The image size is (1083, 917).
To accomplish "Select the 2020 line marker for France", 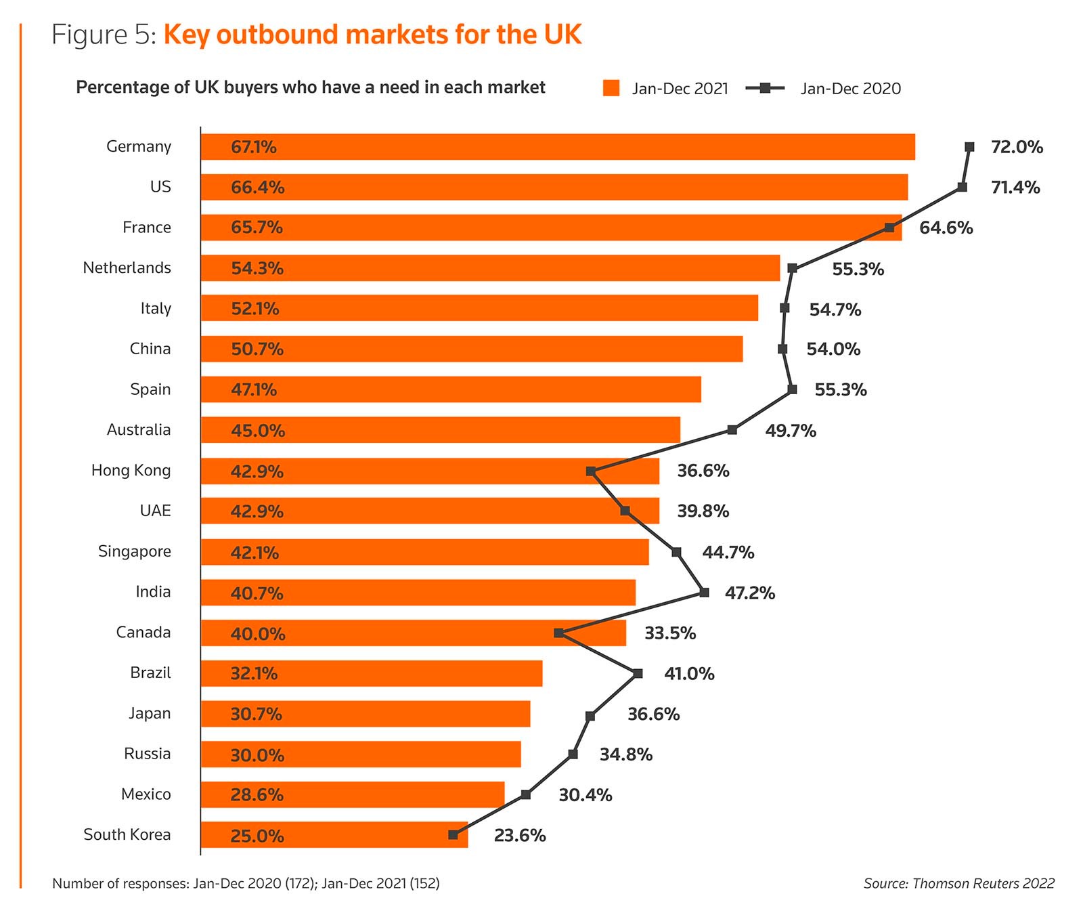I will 889,228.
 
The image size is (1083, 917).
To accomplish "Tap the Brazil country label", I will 150,673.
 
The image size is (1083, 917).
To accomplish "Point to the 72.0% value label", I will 1017,147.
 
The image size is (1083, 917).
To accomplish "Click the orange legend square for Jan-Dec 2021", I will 611,88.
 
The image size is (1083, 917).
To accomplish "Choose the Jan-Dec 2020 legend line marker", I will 765,88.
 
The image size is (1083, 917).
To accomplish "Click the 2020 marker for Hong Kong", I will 591,471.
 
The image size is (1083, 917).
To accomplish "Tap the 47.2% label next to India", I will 749,593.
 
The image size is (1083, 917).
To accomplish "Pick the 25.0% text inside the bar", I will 257,836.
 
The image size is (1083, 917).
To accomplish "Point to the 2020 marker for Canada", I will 558,633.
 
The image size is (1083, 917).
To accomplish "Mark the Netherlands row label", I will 127,268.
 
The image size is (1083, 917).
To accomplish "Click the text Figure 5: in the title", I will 104,35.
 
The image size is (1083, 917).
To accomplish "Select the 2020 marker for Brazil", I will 638,673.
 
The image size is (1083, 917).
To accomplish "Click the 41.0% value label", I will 689,674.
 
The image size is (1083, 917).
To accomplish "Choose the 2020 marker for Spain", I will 793,389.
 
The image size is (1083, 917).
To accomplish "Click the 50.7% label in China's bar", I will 257,349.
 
